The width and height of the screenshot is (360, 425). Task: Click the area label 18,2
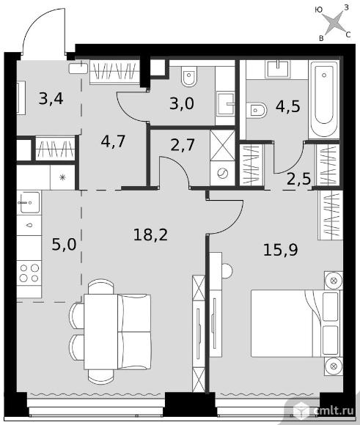click(150, 234)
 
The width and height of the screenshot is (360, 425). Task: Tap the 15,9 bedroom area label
click(281, 250)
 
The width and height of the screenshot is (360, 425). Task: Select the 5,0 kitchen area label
click(64, 245)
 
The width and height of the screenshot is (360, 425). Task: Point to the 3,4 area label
click(51, 98)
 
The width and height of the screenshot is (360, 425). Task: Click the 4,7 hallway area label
click(113, 141)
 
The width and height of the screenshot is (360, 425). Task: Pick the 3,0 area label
click(182, 103)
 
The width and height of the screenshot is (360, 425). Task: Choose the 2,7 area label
click(183, 145)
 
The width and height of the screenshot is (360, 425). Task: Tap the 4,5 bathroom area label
click(288, 106)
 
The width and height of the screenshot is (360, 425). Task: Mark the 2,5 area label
click(298, 179)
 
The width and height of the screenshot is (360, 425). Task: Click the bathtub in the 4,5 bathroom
click(323, 99)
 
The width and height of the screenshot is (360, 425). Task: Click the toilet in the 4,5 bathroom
click(257, 110)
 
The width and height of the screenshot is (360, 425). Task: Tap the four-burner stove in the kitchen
click(29, 273)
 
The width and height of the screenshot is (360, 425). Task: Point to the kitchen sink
click(29, 202)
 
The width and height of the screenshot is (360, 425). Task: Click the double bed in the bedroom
click(296, 323)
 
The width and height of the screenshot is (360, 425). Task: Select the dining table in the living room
click(100, 332)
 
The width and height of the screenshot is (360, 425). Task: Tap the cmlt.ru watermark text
click(334, 410)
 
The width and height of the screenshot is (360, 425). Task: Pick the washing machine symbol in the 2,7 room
click(222, 174)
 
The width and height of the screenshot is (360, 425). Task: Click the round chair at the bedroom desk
click(227, 270)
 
